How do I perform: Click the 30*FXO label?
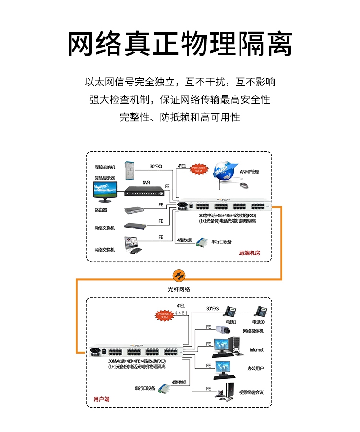156,166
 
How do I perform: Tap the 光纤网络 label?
179,289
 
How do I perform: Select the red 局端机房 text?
249,253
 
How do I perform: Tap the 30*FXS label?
213,309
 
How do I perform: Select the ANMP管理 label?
250,172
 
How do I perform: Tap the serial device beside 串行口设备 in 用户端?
165,388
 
